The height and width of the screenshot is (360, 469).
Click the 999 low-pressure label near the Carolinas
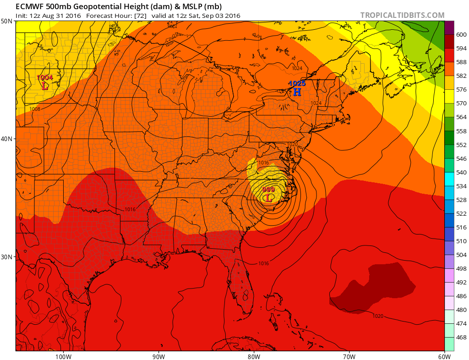coord(269,190)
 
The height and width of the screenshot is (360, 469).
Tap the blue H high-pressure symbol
coord(297,92)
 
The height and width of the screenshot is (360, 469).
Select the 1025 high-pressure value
coord(297,83)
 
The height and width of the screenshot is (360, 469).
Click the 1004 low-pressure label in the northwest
coord(45,78)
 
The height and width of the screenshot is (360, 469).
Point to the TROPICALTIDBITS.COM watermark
coord(402,15)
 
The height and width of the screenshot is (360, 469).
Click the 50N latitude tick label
coord(7,21)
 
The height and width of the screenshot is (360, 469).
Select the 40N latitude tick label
coord(7,139)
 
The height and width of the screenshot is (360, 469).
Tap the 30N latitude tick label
coord(7,256)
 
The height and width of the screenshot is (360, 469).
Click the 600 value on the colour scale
coord(461,35)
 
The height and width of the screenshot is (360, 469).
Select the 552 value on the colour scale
coord(461,145)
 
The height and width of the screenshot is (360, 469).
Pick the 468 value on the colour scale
coord(461,338)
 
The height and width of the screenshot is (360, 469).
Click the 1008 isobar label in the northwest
coord(35,109)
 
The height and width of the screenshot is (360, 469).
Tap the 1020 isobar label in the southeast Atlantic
coord(378,316)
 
